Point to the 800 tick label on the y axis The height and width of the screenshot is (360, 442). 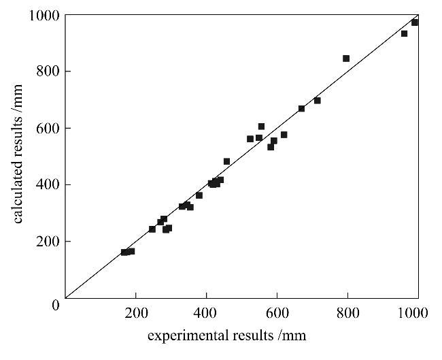pyautogui.click(x=48, y=71)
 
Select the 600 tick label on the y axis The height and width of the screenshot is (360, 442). pyautogui.click(x=48, y=128)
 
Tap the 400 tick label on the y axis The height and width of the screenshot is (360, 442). pyautogui.click(x=48, y=184)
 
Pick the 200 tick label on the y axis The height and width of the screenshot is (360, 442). pyautogui.click(x=48, y=242)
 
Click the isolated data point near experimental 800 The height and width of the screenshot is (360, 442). pyautogui.click(x=346, y=59)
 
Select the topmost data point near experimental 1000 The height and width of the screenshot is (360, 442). pyautogui.click(x=415, y=22)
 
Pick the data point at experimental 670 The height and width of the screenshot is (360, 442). pyautogui.click(x=301, y=109)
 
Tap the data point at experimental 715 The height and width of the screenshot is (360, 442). pyautogui.click(x=317, y=101)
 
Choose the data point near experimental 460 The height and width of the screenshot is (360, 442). pyautogui.click(x=227, y=162)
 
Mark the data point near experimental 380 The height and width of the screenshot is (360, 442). pyautogui.click(x=199, y=195)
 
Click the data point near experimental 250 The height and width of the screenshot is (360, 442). pyautogui.click(x=152, y=229)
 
